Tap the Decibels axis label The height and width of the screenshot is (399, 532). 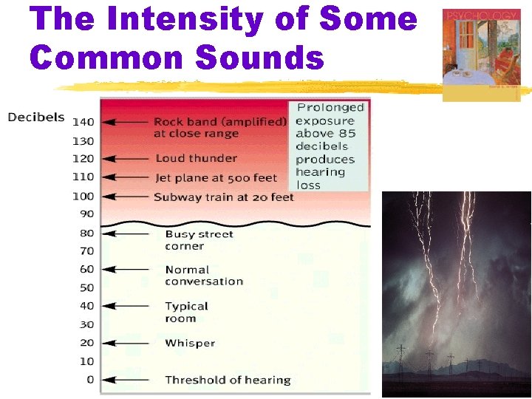[36, 117]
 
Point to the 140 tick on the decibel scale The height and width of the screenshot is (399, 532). [83, 122]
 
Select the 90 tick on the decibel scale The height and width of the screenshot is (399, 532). [86, 214]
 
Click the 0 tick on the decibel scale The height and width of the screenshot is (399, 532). [90, 380]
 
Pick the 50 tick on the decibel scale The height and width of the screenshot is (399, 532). [86, 287]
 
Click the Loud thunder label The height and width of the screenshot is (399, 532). [196, 158]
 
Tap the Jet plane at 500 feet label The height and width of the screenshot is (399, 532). [216, 177]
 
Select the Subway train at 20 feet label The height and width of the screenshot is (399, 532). [223, 197]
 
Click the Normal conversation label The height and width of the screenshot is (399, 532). [203, 276]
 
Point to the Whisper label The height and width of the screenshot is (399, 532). [190, 343]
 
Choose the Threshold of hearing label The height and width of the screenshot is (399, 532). [228, 380]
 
